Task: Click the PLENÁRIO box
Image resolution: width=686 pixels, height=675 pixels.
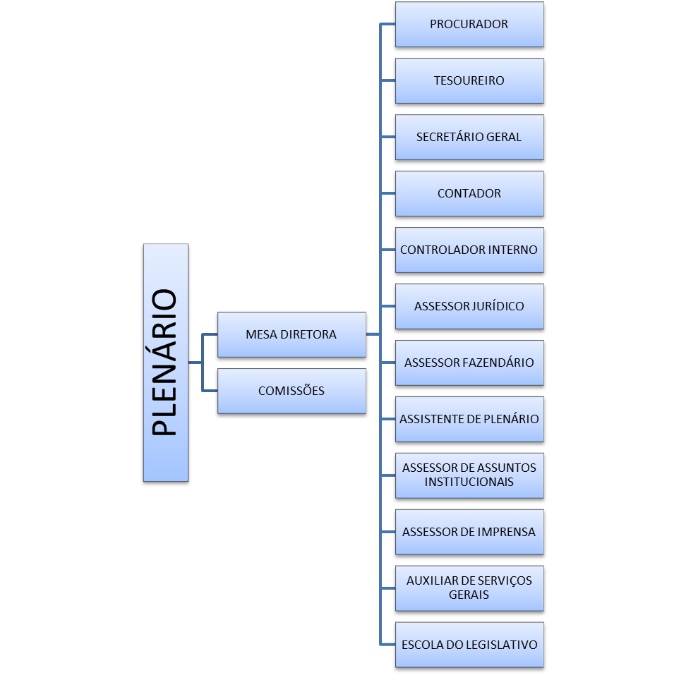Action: coord(165,363)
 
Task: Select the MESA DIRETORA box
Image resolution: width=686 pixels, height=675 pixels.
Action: coord(291,334)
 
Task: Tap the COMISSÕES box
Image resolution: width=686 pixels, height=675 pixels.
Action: coord(291,391)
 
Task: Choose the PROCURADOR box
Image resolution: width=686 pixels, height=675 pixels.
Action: coord(469,25)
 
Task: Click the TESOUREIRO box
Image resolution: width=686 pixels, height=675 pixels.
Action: coord(469,81)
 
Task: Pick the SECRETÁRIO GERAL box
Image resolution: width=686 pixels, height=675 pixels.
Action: coord(469,137)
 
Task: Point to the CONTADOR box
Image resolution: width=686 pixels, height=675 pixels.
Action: coord(469,193)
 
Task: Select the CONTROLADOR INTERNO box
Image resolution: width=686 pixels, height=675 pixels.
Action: coord(469,250)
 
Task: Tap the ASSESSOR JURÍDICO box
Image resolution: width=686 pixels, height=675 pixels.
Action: coord(469,306)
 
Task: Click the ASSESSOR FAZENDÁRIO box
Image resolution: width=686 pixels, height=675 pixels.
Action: coord(469,363)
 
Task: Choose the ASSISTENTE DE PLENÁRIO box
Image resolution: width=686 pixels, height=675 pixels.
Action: coord(469,419)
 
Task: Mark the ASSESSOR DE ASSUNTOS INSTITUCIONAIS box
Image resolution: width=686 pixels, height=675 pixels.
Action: coord(469,475)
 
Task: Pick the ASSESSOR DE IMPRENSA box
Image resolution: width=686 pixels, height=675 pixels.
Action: coord(469,532)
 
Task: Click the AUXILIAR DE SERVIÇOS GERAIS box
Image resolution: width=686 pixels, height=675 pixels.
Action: coord(469,588)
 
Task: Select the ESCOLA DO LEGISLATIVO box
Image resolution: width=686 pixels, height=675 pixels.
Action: coord(469,645)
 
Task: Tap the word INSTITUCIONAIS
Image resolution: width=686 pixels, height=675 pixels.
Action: coord(469,482)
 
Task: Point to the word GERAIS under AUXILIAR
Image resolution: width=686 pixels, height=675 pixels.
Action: coord(469,595)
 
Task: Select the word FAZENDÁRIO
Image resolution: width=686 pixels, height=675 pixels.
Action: coord(497,363)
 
